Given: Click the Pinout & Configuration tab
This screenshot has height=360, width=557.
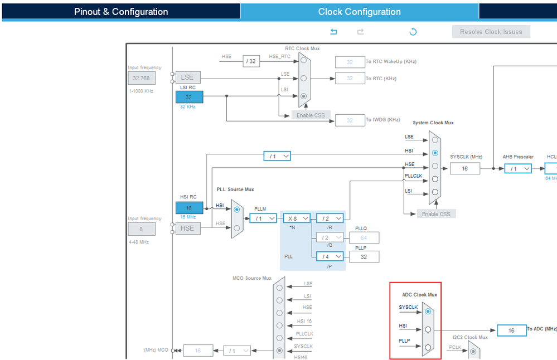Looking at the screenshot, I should (121, 12).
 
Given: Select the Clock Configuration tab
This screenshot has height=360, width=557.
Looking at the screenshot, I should (359, 12).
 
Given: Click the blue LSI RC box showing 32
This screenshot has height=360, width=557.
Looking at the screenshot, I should (189, 97).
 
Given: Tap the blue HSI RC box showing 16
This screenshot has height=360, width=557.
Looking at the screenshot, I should (189, 208).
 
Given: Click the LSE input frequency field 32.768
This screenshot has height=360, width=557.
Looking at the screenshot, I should (142, 78).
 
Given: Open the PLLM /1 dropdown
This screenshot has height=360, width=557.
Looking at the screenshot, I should (263, 218).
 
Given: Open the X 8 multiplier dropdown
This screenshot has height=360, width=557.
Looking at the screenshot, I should (297, 218).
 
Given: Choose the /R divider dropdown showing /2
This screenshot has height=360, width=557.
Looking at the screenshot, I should (330, 218).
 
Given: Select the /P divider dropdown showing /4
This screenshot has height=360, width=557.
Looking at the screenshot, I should (330, 257).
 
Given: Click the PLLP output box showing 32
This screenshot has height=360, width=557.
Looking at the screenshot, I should (364, 257).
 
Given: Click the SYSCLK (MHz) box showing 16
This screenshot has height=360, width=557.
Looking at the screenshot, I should (465, 168).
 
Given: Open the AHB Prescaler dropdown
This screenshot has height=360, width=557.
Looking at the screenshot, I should (518, 168).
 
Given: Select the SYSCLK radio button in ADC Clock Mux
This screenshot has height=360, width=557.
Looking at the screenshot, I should (428, 311).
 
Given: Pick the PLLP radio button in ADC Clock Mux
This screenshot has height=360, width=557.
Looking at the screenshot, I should (428, 347).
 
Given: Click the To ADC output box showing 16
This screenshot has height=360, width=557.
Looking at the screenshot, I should (511, 330).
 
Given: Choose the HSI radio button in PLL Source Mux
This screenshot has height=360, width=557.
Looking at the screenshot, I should (237, 210).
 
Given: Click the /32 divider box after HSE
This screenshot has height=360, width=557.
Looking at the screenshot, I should (251, 61).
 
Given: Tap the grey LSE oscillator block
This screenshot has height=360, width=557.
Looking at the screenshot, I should (187, 78).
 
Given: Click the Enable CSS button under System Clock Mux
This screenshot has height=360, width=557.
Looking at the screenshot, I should (437, 214).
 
